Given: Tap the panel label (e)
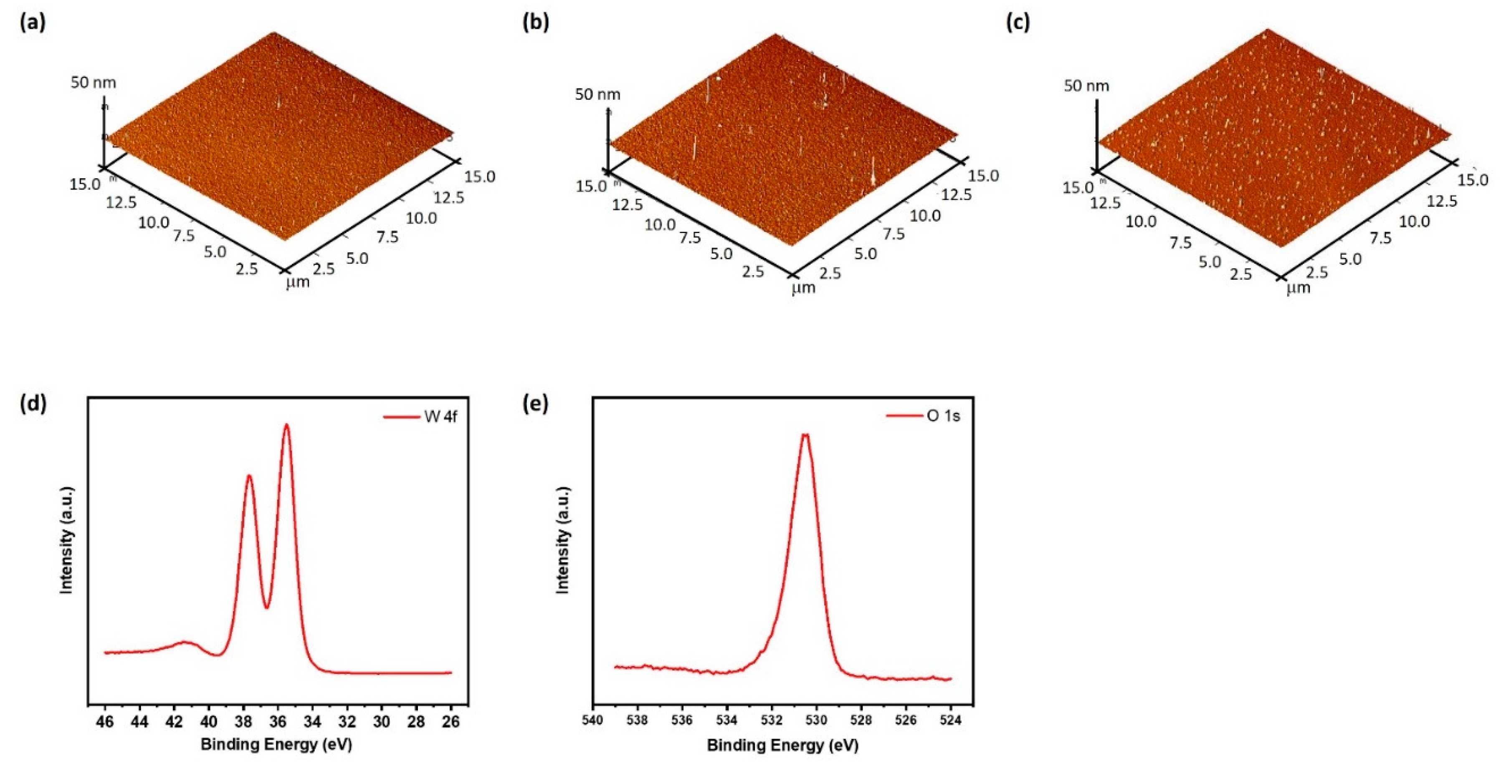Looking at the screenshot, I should click(536, 404).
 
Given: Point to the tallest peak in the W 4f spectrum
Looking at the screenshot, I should click(286, 425).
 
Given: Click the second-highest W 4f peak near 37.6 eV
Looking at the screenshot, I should click(249, 476).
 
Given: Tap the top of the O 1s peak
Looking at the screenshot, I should click(805, 435).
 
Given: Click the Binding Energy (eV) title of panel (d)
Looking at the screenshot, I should click(276, 745).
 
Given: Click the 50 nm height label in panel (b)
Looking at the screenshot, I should click(597, 94).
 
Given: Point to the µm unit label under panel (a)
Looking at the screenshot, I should click(298, 283).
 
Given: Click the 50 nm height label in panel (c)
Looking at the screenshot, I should click(1086, 86).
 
